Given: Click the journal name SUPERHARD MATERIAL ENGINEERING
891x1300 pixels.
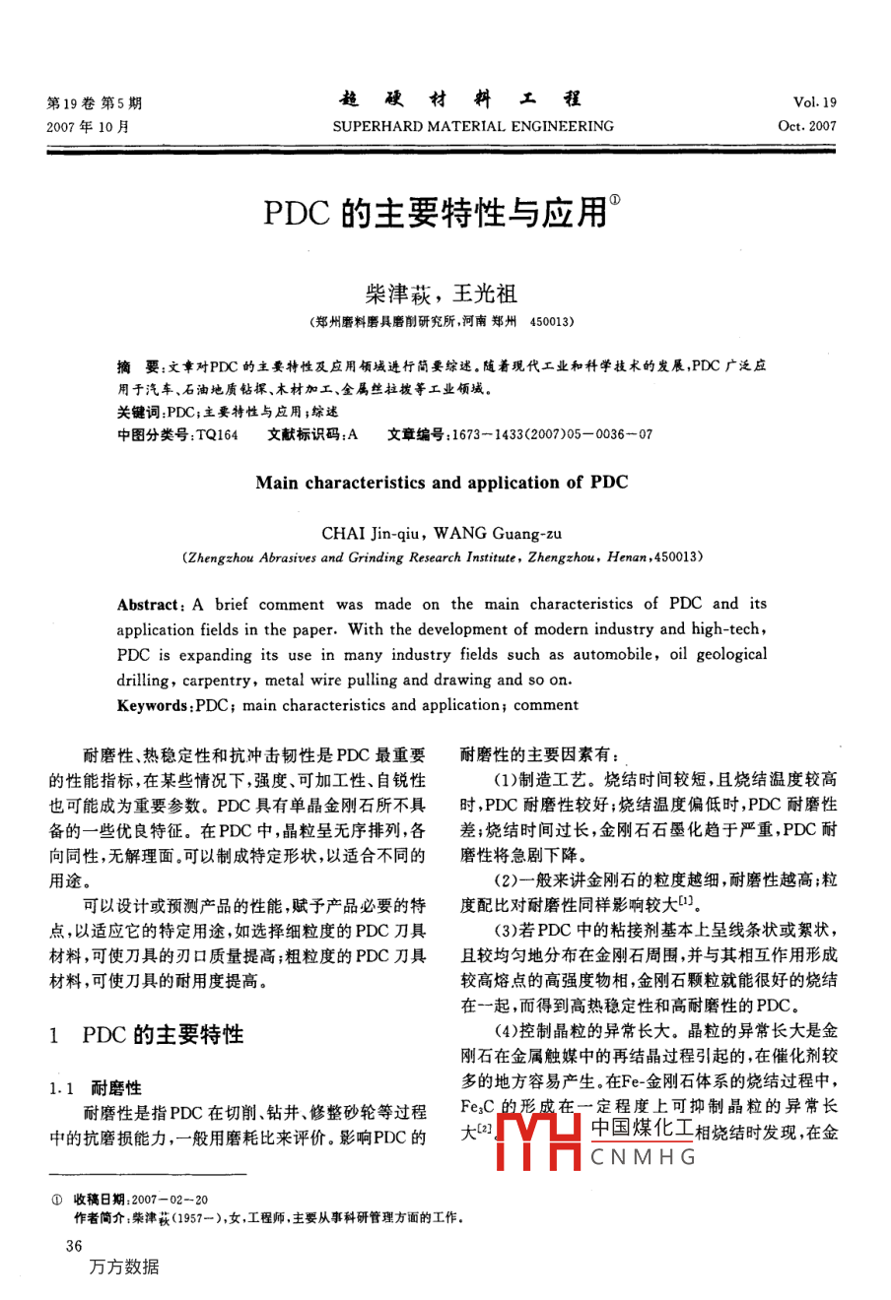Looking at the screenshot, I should pos(472,126).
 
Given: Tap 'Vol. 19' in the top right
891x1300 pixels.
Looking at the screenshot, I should pos(814,102).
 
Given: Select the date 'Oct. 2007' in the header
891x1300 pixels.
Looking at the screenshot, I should pos(807,126).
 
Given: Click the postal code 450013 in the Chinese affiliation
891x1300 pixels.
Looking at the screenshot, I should pos(552,321).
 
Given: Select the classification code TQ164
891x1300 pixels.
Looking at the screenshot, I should pos(217,434).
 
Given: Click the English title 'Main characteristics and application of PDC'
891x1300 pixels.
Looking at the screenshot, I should pos(442,483).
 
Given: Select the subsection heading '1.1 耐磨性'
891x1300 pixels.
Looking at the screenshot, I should pos(96,1087).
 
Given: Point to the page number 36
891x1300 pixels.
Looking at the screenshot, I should pos(74,1246).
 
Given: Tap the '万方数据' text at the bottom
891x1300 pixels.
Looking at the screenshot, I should pos(123,1267).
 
